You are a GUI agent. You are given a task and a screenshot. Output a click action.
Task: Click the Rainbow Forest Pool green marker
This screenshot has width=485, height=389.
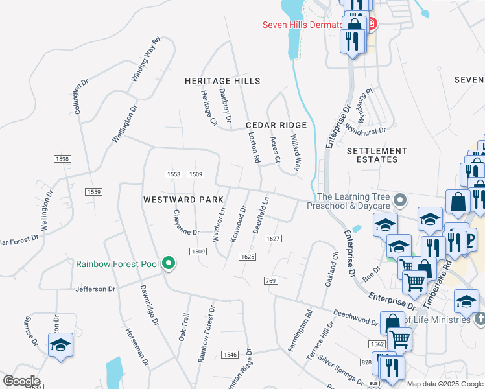pyautogui.click(x=169, y=263)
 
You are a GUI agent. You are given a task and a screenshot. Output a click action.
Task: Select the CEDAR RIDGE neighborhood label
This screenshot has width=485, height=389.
pyautogui.click(x=276, y=124)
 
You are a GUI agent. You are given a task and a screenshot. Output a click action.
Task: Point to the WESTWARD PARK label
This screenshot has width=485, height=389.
pyautogui.click(x=178, y=200)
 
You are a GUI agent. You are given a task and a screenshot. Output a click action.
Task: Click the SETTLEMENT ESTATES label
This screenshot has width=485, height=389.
pyautogui.click(x=377, y=155)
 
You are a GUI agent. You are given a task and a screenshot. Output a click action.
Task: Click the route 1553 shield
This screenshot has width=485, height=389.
pyautogui.click(x=173, y=174)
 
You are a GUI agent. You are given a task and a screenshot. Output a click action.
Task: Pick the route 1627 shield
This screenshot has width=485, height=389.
pyautogui.click(x=273, y=239)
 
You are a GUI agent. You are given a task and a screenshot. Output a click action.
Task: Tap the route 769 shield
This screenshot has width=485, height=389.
pyautogui.click(x=271, y=280)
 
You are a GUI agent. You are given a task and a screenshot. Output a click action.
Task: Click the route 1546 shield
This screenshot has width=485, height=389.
pyautogui.click(x=230, y=354)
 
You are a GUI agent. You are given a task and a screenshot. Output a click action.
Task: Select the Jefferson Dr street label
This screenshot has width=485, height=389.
pyautogui.click(x=95, y=289)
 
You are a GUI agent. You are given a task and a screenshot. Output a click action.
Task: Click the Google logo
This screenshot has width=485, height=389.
pyautogui.click(x=21, y=381)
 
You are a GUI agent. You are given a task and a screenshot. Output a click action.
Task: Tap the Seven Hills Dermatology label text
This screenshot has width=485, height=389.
pyautogui.click(x=302, y=25)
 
